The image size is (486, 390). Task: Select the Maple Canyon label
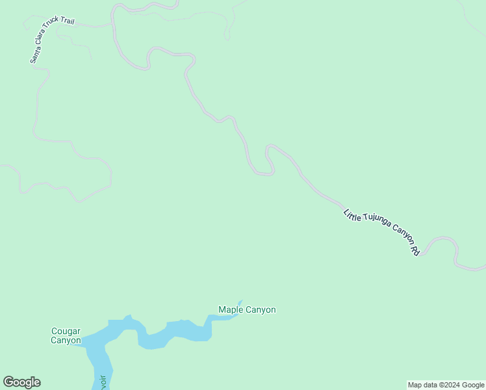click(247, 310)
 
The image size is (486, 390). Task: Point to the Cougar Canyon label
click(66, 335)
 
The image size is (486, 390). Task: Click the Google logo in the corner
click(21, 382)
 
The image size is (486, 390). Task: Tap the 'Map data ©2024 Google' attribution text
click(446, 385)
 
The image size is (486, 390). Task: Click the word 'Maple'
click(230, 310)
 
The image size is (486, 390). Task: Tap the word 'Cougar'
click(66, 331)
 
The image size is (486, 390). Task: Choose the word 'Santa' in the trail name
click(33, 55)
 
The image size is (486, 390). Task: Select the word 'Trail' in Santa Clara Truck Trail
click(67, 21)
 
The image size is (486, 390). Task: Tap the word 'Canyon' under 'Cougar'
click(66, 340)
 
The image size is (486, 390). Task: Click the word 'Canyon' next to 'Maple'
click(260, 310)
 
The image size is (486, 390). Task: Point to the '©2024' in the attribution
click(448, 385)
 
